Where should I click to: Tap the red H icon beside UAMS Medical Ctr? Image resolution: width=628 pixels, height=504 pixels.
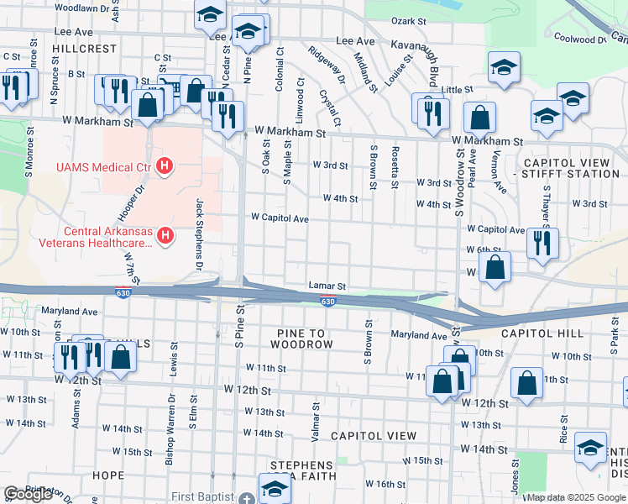[x=165, y=167]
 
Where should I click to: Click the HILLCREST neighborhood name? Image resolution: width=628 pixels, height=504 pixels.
[x=84, y=49]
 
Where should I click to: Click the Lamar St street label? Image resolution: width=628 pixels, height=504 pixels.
[x=327, y=286]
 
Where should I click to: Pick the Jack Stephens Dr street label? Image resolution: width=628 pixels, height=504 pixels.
[x=200, y=233]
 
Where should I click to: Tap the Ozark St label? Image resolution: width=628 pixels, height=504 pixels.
[x=410, y=20]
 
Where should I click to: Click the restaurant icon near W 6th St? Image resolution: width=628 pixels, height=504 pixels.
[x=542, y=244]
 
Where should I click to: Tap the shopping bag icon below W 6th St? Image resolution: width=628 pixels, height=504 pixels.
[x=495, y=267]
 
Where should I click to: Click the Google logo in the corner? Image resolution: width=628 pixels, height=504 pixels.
[x=28, y=494]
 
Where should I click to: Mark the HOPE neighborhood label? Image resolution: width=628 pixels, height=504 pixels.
[x=107, y=475]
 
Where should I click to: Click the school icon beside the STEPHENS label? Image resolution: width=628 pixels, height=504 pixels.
[x=275, y=487]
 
